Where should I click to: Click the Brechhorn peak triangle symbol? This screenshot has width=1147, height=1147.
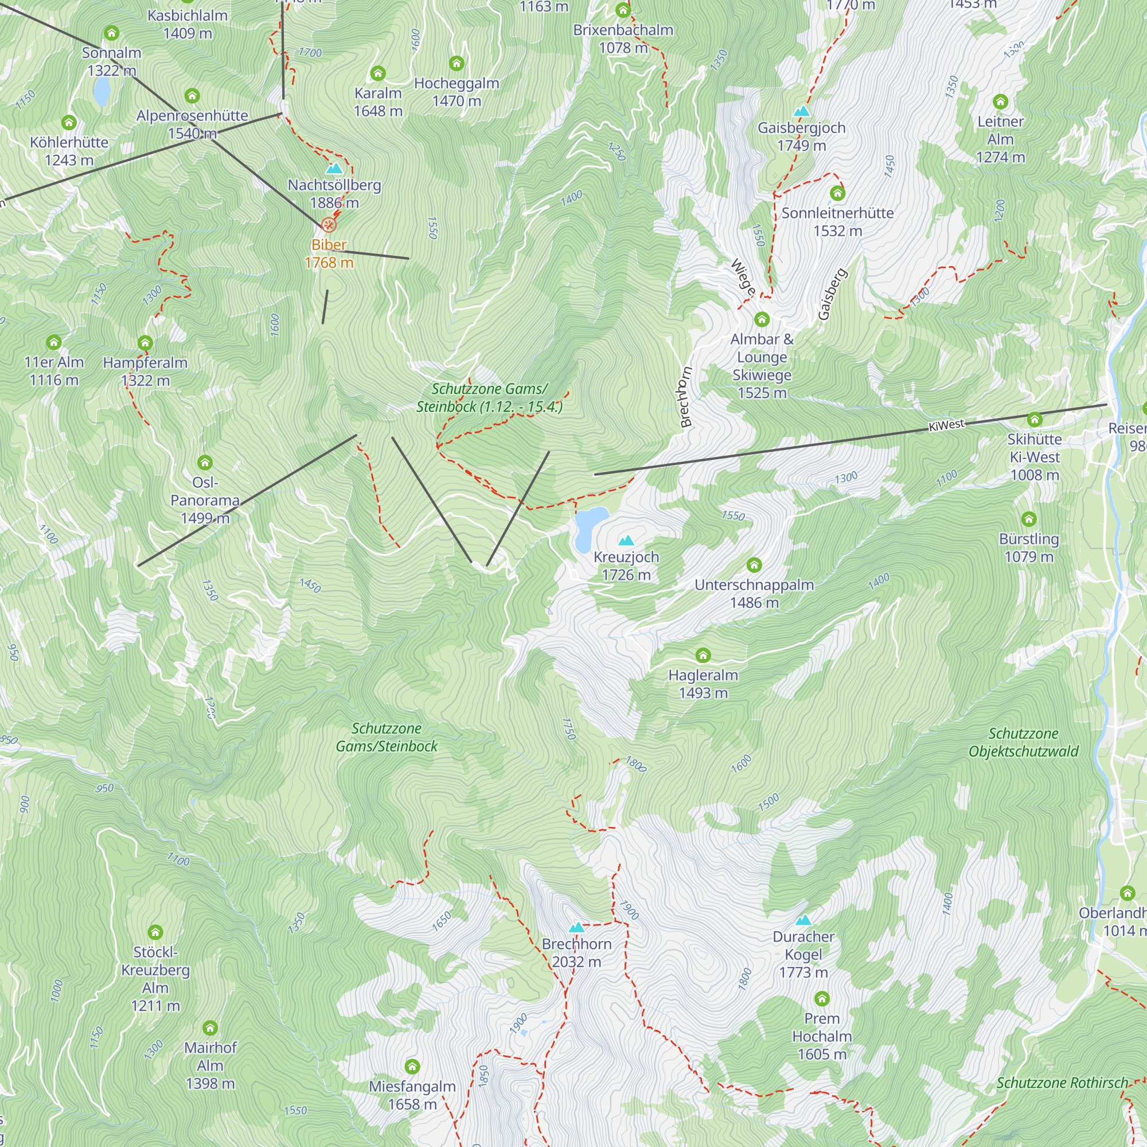coord(576,927)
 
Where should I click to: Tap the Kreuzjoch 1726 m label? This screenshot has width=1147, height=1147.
coord(626,566)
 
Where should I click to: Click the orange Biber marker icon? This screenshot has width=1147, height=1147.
coord(328,224)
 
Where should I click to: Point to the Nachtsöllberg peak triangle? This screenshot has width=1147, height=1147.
coord(334,169)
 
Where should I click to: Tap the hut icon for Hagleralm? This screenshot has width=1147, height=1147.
coord(703,656)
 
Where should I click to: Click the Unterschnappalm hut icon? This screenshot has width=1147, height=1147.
coord(754,564)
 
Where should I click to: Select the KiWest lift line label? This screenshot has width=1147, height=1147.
coord(946,425)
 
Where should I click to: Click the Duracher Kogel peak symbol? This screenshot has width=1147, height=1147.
coord(803,920)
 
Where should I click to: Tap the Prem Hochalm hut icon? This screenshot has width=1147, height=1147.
coord(822,998)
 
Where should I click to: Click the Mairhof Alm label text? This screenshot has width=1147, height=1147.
coord(210,1065)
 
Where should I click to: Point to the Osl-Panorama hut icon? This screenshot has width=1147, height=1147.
coord(205,462)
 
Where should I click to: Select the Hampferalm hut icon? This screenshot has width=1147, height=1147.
coord(145,342)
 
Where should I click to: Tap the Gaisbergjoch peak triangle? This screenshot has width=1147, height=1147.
coord(802,111)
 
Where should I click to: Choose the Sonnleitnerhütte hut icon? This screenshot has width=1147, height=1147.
coord(837,193)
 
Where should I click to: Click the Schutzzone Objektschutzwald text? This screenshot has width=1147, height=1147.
coord(1023,742)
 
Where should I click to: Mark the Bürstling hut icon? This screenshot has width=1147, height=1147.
coord(1029,519)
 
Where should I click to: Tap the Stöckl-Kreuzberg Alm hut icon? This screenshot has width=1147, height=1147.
coord(155,932)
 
